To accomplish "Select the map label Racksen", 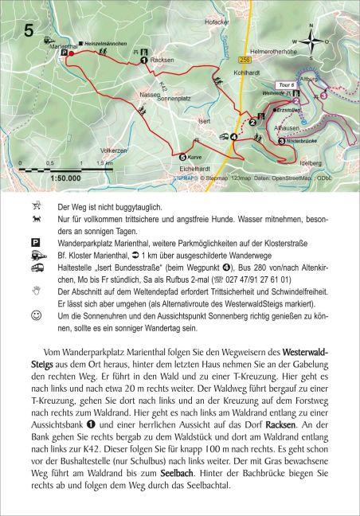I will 163,60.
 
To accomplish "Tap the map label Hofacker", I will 217,33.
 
